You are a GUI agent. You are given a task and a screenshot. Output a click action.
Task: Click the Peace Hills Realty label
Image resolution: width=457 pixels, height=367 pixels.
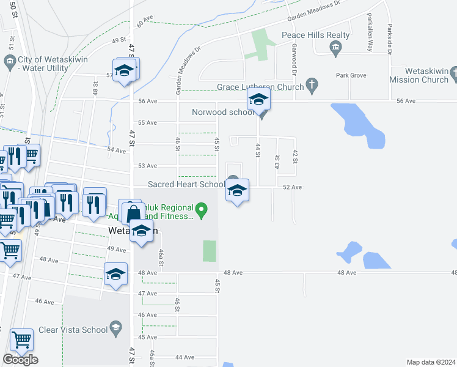tap(315, 35)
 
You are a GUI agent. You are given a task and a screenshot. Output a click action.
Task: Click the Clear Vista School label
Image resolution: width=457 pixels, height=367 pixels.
tap(73, 330)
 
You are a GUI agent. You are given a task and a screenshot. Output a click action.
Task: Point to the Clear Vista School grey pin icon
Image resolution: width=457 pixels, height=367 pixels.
tap(115, 330)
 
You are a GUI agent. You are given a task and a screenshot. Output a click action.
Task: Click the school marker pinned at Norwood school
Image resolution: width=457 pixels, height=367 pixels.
tap(259, 99)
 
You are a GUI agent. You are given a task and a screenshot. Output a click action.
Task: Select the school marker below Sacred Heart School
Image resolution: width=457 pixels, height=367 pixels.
tap(237, 191)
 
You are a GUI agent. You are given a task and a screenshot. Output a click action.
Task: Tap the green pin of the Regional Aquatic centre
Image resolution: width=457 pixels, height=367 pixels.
tap(204, 212)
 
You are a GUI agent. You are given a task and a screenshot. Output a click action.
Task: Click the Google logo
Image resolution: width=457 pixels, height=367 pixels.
tap(20, 360)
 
